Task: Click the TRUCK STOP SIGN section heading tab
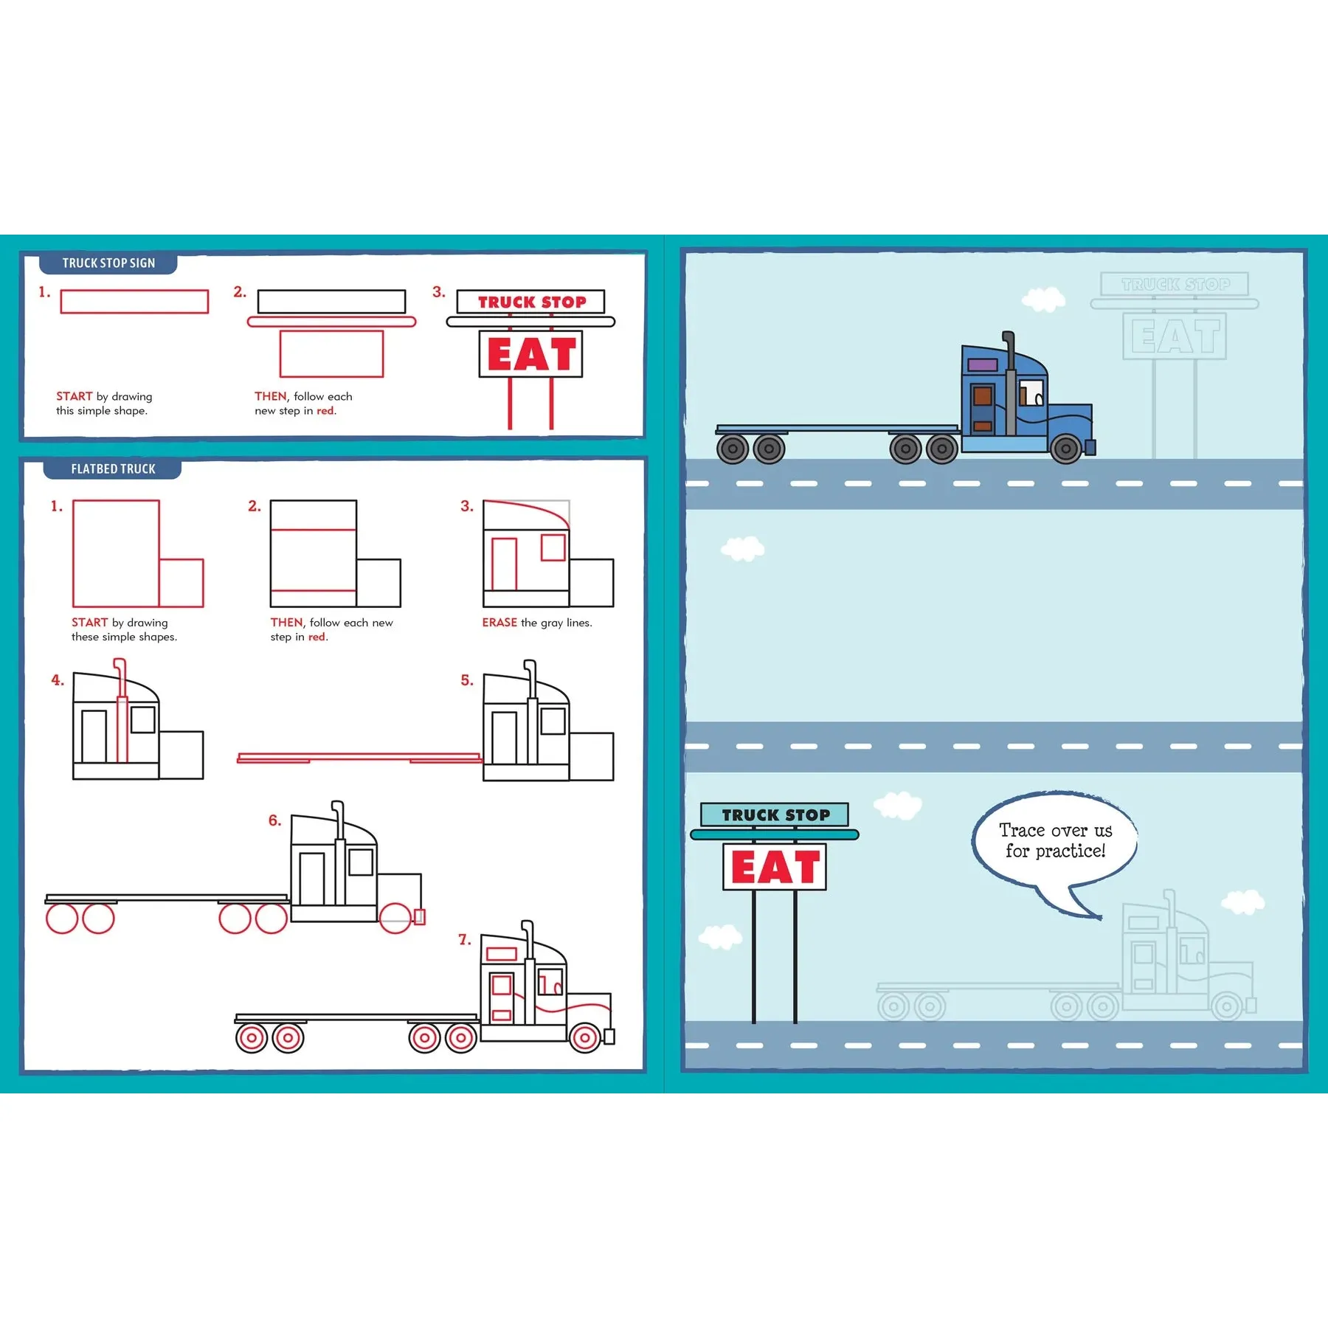108,263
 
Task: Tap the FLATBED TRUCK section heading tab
113,469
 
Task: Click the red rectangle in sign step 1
134,302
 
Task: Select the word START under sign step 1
75,396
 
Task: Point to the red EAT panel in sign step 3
531,354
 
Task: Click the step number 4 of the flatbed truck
58,680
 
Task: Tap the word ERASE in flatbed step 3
499,623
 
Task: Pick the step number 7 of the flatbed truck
465,940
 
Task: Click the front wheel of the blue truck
1066,449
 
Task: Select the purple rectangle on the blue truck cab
983,365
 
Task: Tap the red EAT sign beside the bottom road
775,867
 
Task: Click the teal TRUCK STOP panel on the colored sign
775,815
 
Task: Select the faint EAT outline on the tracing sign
1175,336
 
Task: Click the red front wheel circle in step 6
395,918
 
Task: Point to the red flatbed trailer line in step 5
359,758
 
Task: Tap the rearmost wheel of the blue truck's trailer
733,449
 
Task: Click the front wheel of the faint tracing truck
1227,1006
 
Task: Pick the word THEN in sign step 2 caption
271,396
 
